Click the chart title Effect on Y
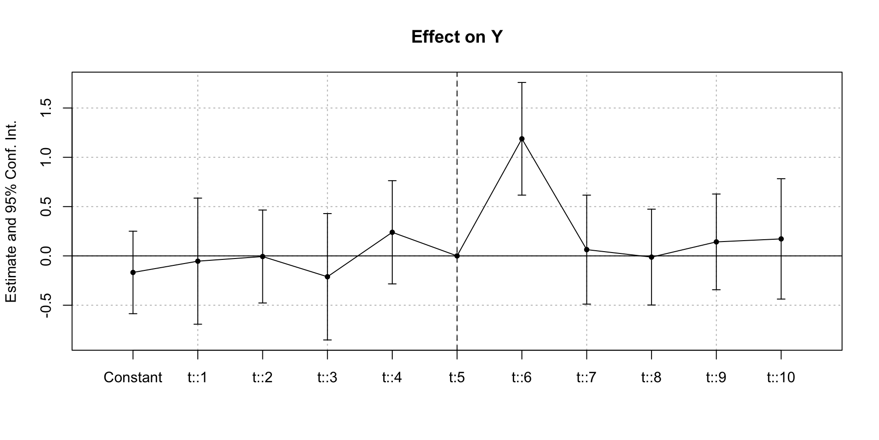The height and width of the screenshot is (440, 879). tap(457, 37)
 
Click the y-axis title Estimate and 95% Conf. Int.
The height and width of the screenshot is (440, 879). tap(11, 212)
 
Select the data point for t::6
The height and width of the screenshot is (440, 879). tap(522, 139)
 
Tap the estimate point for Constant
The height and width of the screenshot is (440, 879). tap(133, 273)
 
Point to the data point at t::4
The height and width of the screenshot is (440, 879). tap(392, 232)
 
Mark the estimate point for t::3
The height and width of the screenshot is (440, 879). tap(327, 277)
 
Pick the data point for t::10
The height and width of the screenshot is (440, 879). tap(781, 239)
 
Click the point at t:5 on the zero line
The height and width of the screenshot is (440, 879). tap(457, 256)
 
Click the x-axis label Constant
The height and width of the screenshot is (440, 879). tap(133, 378)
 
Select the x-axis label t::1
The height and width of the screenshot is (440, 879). tap(198, 378)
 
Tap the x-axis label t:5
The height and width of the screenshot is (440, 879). tap(457, 378)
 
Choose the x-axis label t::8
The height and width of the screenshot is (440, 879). tap(651, 378)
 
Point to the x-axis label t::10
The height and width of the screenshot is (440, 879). tap(781, 378)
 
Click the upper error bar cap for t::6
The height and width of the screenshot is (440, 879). tap(522, 82)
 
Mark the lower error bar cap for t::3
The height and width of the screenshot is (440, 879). tap(327, 340)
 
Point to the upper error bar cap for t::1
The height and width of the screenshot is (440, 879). tap(198, 198)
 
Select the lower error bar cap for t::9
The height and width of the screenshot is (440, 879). tap(716, 290)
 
